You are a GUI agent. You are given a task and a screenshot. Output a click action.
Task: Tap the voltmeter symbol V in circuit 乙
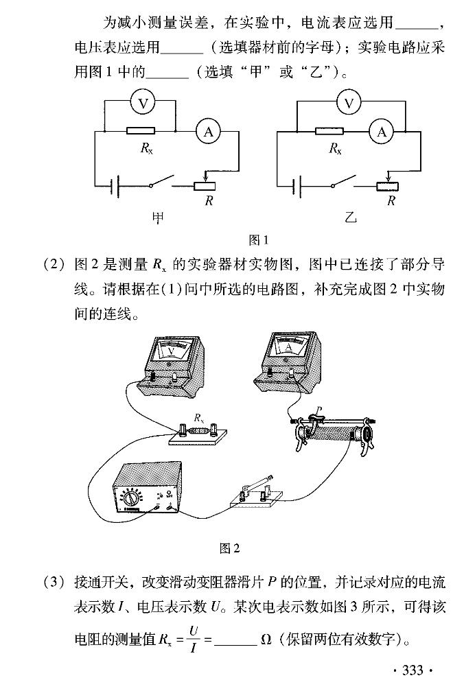pos(349,104)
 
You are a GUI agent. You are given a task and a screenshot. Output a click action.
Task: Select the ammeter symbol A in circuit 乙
pos(382,132)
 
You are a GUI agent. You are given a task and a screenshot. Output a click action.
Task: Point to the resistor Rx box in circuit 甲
pos(141,130)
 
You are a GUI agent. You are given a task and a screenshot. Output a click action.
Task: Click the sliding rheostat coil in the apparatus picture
pos(332,436)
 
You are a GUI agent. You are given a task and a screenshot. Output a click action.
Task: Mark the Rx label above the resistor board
pos(199,417)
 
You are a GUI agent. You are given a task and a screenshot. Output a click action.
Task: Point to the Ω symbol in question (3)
pos(266,642)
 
